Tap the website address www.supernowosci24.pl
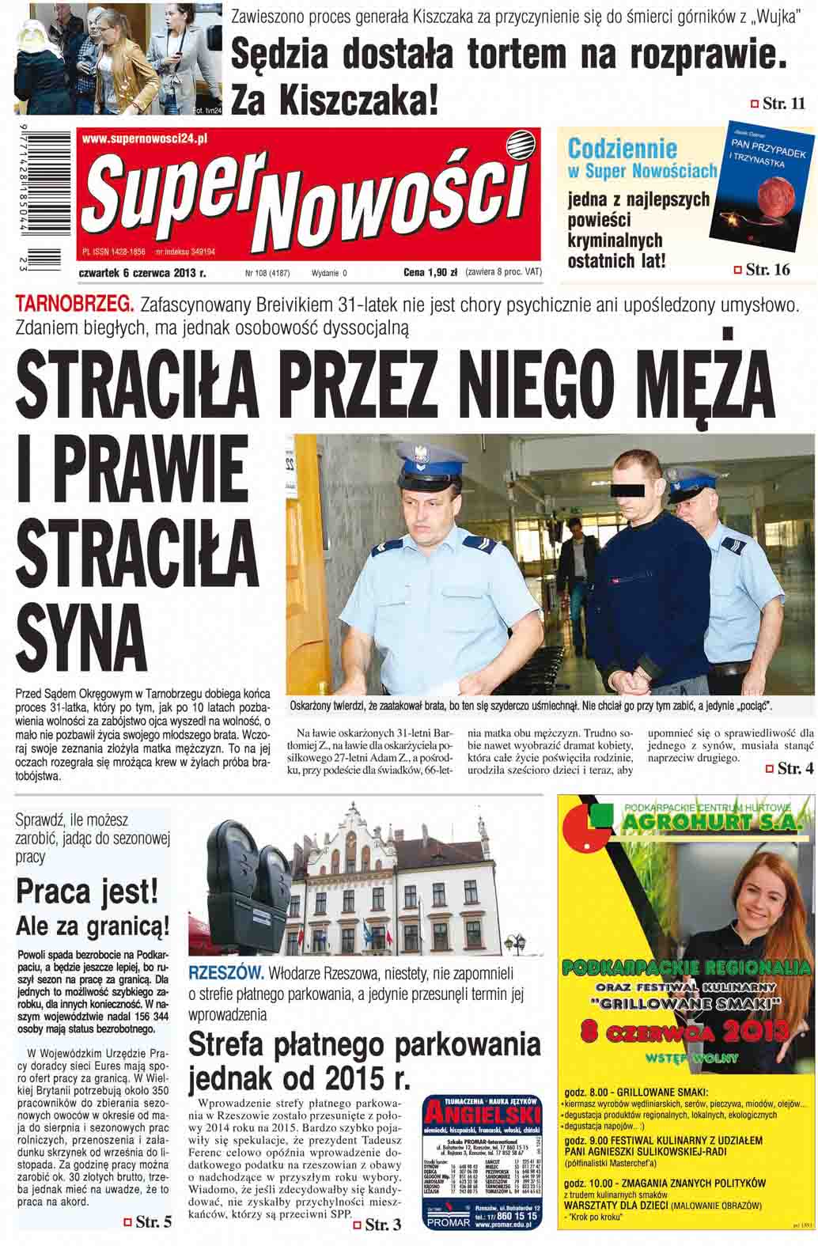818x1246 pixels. [145, 138]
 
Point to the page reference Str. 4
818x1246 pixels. [790, 768]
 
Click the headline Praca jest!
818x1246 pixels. [88, 892]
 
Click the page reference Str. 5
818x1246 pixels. [148, 1222]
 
